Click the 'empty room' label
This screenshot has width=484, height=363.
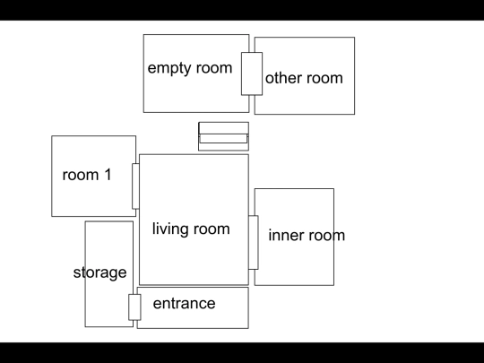click(x=190, y=68)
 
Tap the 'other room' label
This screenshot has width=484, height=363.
click(x=304, y=78)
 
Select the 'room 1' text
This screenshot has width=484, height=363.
click(x=87, y=175)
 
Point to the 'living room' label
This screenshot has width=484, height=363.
click(x=191, y=229)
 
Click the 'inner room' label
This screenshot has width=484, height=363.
click(x=307, y=235)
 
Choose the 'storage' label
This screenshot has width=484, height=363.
click(x=100, y=272)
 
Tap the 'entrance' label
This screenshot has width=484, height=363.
click(x=185, y=304)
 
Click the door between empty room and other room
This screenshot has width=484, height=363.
click(x=252, y=73)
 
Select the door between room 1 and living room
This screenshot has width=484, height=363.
click(x=135, y=186)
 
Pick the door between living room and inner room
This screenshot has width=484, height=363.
click(x=254, y=242)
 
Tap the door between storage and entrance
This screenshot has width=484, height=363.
click(x=134, y=307)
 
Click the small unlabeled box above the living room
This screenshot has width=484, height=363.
click(x=223, y=136)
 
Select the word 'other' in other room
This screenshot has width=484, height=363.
click(x=283, y=78)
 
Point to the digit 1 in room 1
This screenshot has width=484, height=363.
click(x=108, y=175)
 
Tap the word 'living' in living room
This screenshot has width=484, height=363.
click(x=169, y=229)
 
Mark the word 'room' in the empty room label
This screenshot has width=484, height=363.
click(x=214, y=68)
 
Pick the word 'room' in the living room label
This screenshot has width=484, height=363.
click(x=211, y=229)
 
